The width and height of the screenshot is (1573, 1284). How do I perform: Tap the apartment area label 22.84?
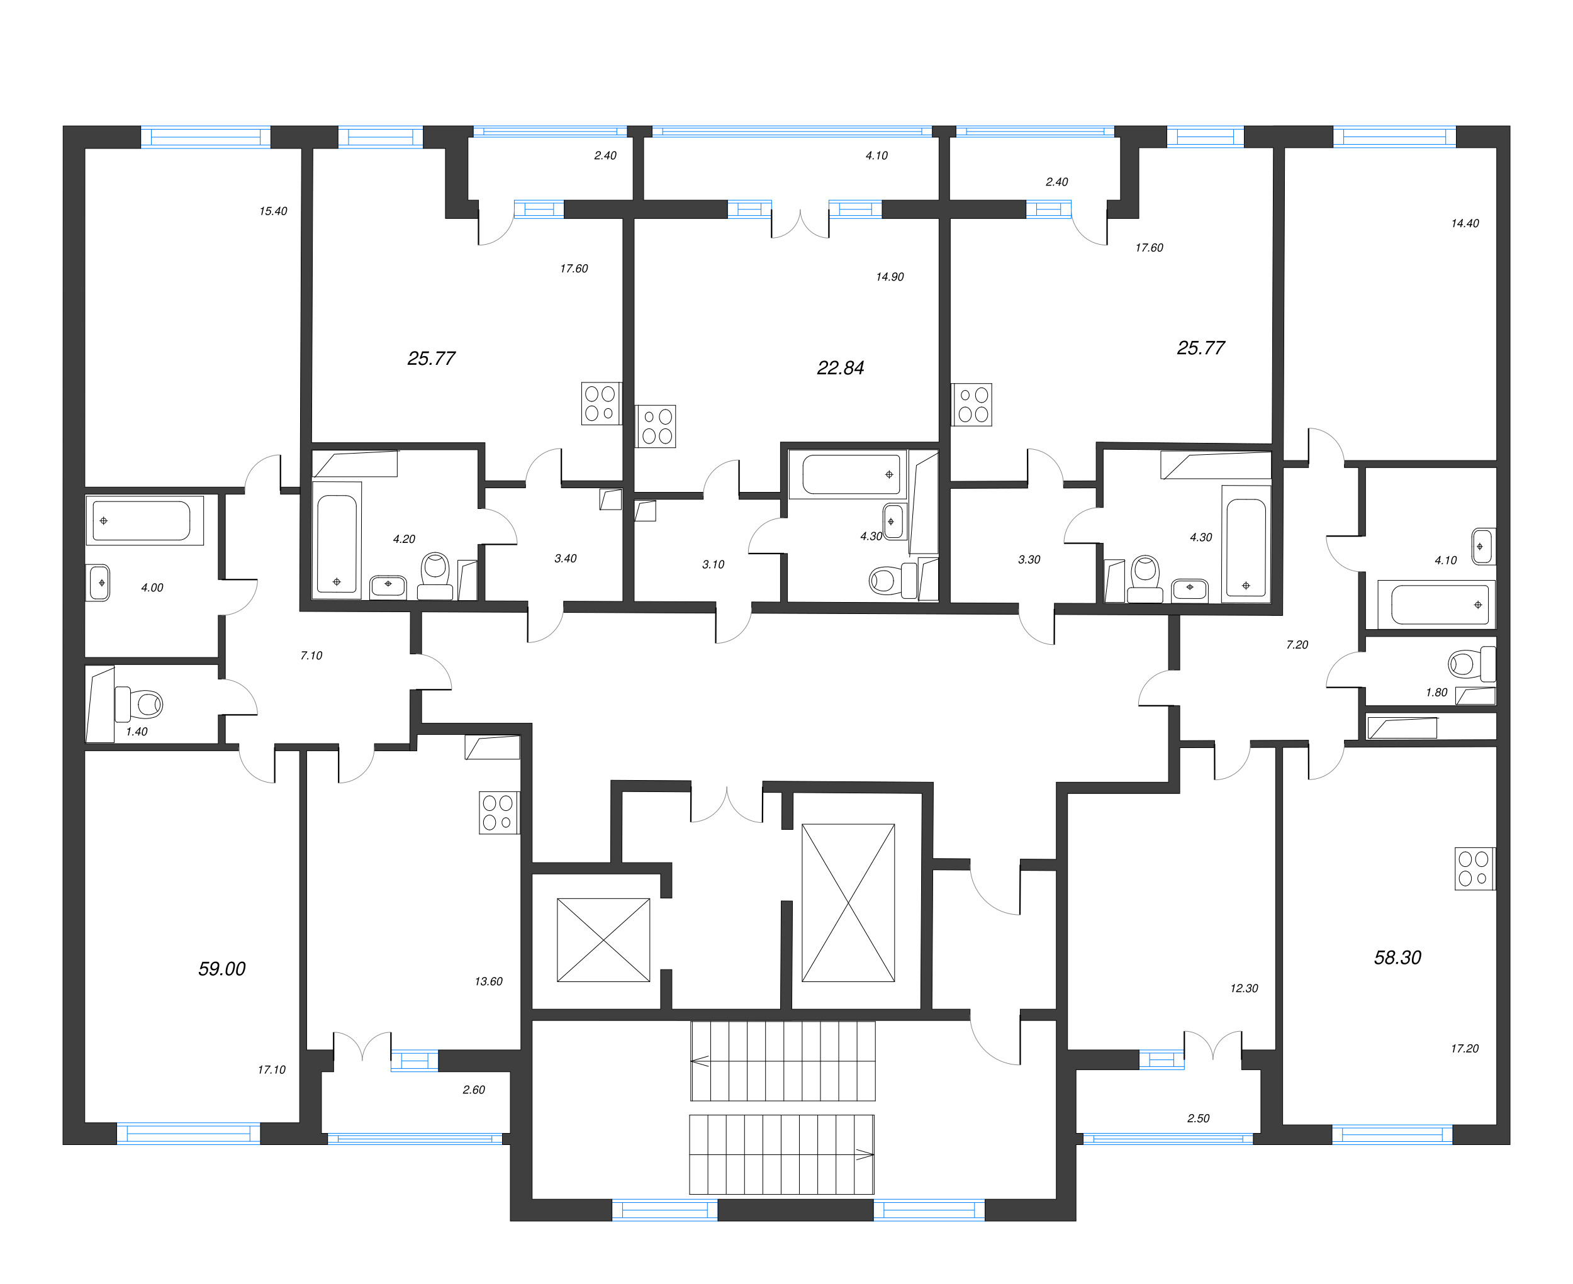click(x=840, y=367)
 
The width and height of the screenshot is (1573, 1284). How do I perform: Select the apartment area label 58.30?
click(x=1397, y=958)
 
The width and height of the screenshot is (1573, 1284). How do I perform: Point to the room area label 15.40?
click(x=273, y=211)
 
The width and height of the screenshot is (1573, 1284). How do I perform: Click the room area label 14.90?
click(x=890, y=277)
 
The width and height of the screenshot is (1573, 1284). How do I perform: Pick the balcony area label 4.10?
click(x=876, y=156)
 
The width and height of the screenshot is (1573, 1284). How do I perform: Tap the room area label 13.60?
click(x=488, y=982)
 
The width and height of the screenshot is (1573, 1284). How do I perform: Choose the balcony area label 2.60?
click(x=473, y=1090)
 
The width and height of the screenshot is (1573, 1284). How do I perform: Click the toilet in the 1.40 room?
click(x=140, y=704)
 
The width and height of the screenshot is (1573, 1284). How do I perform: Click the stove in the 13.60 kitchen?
click(x=498, y=813)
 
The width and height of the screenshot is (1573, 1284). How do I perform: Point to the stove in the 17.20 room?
click(x=1474, y=868)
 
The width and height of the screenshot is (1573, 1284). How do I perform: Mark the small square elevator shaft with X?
click(x=603, y=940)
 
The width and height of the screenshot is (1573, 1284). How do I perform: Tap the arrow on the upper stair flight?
click(x=700, y=1061)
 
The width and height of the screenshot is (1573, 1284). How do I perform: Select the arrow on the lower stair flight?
click(x=865, y=1154)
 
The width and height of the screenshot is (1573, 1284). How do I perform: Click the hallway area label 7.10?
click(x=311, y=656)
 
